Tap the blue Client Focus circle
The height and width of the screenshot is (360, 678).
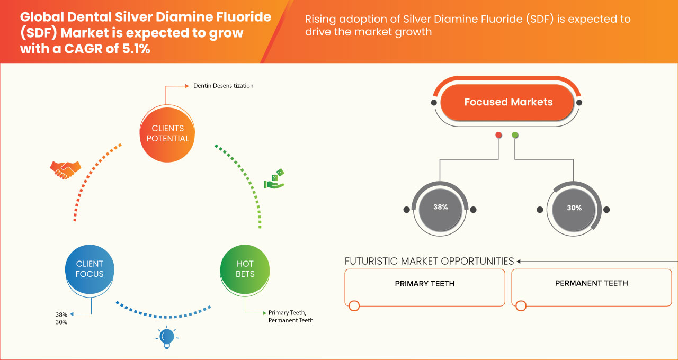90,269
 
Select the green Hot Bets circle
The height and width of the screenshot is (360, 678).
245,269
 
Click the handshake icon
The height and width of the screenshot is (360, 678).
65,169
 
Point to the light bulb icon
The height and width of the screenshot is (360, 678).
166,337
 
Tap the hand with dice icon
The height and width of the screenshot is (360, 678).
274,179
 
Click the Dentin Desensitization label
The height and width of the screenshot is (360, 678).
223,86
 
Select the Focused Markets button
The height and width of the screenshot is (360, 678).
507,102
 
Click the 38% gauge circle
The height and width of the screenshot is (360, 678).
440,208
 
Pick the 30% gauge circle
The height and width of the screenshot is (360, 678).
574,208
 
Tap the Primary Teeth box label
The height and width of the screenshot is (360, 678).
424,284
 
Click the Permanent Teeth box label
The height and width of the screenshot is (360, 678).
591,283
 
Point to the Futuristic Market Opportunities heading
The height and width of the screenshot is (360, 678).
429,261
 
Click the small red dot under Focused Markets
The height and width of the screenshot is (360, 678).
498,135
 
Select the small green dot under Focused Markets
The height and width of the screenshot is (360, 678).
515,135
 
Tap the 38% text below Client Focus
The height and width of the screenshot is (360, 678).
61,314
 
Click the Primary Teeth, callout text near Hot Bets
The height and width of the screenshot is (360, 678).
287,312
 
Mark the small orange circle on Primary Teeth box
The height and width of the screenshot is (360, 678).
354,305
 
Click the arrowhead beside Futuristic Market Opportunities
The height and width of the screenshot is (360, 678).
519,261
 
